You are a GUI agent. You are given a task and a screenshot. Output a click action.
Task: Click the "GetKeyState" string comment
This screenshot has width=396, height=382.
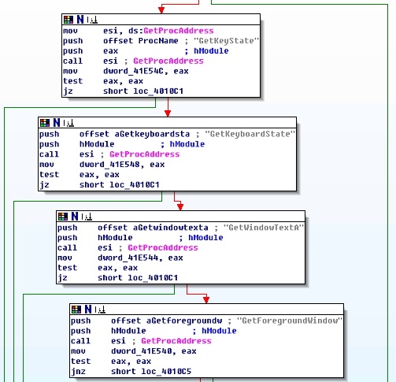226,41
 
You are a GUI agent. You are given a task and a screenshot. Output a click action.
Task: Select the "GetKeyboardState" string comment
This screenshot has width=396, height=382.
250,134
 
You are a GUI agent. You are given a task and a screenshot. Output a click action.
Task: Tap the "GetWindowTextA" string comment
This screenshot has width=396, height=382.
264,228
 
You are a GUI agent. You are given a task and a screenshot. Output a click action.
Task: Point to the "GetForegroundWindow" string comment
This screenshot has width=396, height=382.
290,321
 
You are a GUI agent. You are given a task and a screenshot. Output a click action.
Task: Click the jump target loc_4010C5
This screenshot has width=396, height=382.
166,372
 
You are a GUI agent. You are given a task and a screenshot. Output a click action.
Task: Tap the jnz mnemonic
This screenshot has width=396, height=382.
78,372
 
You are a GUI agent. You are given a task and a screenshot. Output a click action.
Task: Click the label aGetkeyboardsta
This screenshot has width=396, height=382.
152,134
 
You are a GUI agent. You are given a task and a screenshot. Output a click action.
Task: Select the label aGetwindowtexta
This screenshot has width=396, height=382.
171,228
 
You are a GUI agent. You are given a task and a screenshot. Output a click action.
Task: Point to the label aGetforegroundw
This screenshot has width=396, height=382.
184,321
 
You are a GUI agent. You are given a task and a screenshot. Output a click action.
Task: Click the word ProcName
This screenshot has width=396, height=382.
158,41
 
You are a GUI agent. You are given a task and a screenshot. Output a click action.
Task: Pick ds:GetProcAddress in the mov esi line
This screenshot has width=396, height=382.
171,31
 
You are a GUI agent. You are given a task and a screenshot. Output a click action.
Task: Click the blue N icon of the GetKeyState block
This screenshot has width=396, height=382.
80,20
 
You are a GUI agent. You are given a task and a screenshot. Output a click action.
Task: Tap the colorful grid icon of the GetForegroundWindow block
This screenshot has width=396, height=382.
76,310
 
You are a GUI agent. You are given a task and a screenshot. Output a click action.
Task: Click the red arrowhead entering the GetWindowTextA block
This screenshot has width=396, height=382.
180,206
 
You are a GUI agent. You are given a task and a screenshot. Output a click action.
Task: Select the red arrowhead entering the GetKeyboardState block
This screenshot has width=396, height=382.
168,113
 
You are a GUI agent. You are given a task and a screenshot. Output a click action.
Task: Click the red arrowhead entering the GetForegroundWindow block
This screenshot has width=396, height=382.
206,299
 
